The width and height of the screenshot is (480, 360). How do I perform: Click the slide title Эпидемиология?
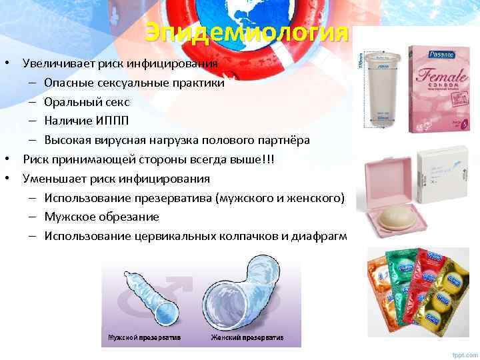click(x=247, y=32)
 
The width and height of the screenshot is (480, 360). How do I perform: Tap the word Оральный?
click(x=67, y=102)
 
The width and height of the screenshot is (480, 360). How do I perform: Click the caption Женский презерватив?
click(x=247, y=337)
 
